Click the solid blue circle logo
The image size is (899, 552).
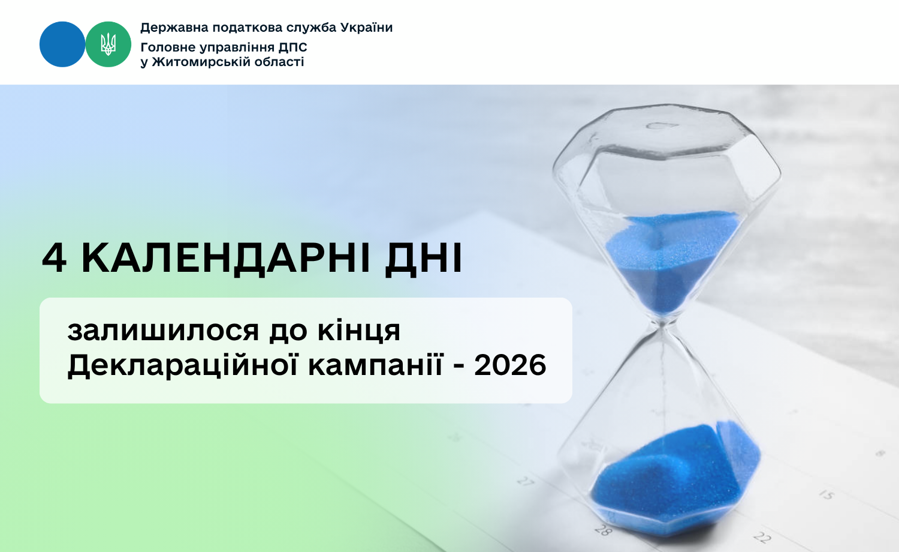(62, 44)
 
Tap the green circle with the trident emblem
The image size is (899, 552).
(108, 44)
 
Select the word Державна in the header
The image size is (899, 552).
(174, 28)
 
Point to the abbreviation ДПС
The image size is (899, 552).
(292, 47)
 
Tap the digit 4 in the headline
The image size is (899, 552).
(54, 258)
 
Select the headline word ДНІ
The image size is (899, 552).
(423, 260)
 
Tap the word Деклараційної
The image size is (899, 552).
(183, 365)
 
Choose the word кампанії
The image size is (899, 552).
(376, 365)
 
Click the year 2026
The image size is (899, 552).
(510, 365)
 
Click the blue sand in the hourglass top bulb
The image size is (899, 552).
(671, 261)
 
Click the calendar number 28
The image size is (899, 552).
(603, 530)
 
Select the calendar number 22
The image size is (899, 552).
(762, 537)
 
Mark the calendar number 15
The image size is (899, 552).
(826, 495)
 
